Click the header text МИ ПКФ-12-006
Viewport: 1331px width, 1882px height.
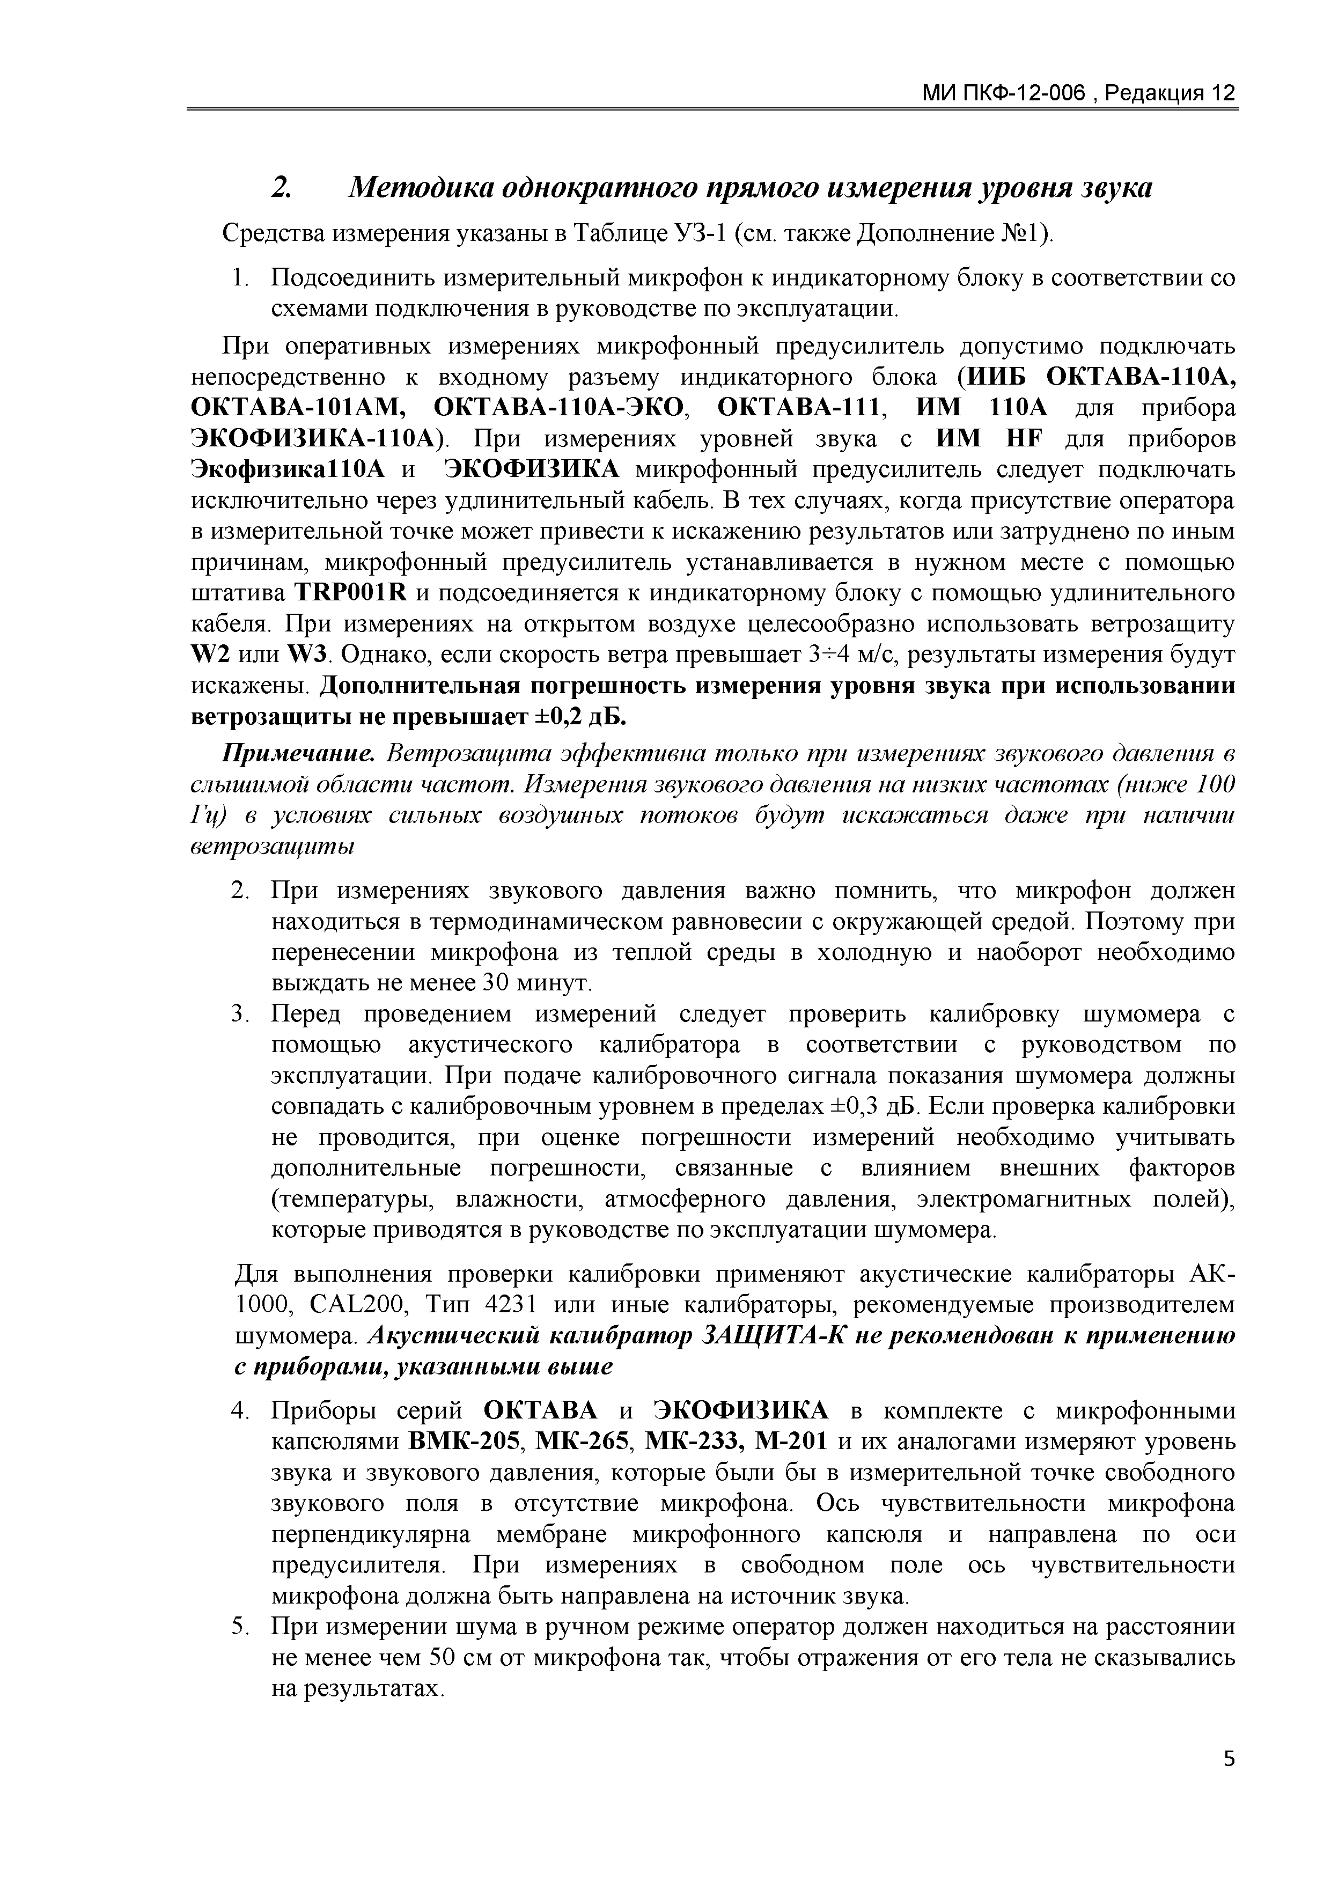point(1005,93)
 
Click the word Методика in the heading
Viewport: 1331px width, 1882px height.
point(418,188)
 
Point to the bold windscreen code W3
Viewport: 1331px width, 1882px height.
point(307,655)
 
